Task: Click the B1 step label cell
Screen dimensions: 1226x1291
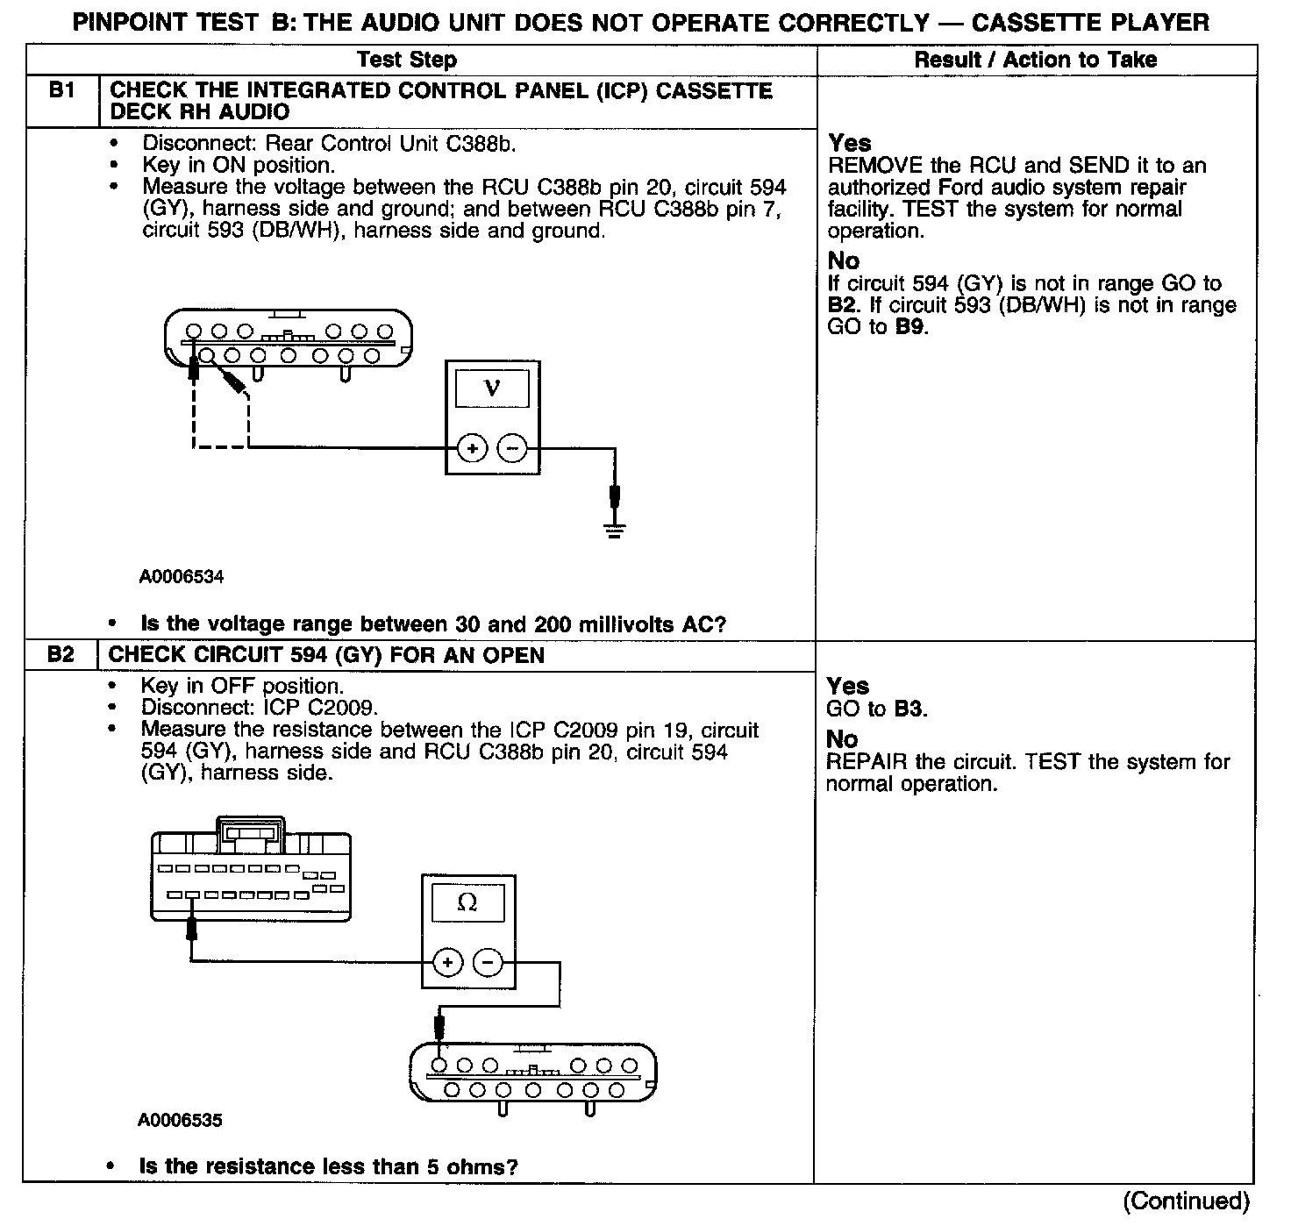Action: pyautogui.click(x=61, y=91)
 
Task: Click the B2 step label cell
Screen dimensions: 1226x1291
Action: pyautogui.click(x=61, y=655)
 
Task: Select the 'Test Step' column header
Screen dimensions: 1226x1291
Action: pyautogui.click(x=407, y=60)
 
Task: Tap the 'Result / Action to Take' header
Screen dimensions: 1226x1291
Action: pyautogui.click(x=1035, y=60)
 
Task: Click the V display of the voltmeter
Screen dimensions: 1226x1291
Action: pyautogui.click(x=492, y=388)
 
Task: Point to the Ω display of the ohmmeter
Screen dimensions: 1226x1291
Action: pyautogui.click(x=467, y=902)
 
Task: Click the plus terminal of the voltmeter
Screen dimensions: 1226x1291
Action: pyautogui.click(x=472, y=448)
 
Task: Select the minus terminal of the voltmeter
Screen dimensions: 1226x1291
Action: pyautogui.click(x=512, y=448)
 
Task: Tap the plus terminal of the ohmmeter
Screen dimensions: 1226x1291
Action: pyautogui.click(x=447, y=962)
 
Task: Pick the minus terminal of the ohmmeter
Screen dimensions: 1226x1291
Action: pyautogui.click(x=489, y=962)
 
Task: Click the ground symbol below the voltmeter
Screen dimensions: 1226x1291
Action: pyautogui.click(x=615, y=529)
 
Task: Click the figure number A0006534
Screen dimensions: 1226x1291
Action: pyautogui.click(x=182, y=577)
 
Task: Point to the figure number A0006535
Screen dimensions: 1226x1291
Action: pyautogui.click(x=180, y=1120)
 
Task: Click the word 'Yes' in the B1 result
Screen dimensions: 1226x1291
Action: pyautogui.click(x=850, y=143)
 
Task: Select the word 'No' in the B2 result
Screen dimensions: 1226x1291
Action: pyautogui.click(x=842, y=739)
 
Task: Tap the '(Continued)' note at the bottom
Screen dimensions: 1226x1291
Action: pyautogui.click(x=1186, y=1201)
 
